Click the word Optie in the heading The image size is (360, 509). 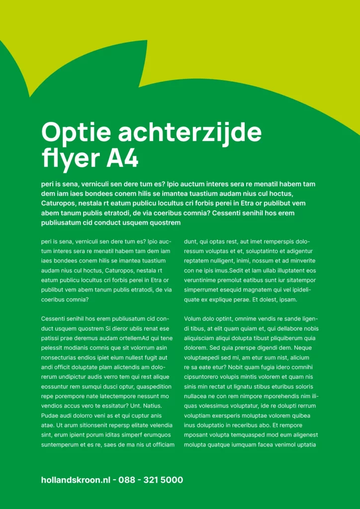coord(72,133)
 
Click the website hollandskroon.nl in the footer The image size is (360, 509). coord(76,480)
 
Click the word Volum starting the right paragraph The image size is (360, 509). coord(193,319)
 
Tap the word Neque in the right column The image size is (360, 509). coord(303,348)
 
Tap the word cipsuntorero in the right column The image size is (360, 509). coord(201,377)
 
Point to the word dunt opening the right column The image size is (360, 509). coord(190,242)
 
